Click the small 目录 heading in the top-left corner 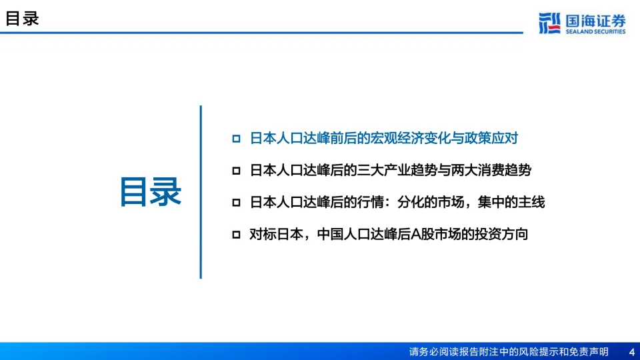coord(22,19)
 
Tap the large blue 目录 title coord(151,192)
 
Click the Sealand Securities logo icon coord(549,23)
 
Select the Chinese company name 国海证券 coord(595,21)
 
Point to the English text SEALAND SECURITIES coord(595,31)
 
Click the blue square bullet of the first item coord(236,139)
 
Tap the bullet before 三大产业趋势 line coord(236,171)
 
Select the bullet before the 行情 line coord(236,203)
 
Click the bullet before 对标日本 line coord(236,234)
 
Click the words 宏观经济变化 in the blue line coord(410,139)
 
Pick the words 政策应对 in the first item coord(491,139)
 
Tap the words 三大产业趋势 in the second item coord(397,170)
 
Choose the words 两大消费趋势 coord(491,170)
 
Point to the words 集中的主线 coord(511,202)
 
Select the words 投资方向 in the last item coord(501,234)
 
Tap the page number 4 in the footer coord(632,352)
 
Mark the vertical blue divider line coord(201,192)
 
